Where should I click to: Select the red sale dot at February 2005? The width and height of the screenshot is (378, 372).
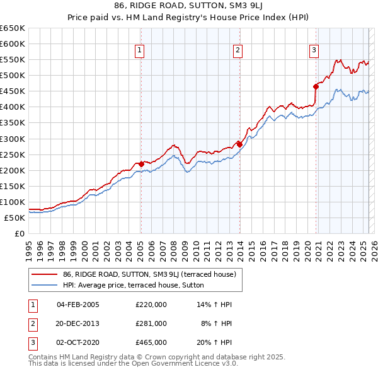(141, 164)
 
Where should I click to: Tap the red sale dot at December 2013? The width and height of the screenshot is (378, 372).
(240, 144)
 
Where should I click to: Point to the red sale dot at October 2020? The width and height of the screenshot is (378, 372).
(315, 86)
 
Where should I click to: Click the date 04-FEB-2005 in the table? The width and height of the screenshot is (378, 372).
(78, 305)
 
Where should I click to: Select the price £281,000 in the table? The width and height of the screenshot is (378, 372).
(151, 323)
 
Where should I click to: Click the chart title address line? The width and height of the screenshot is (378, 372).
(189, 7)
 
